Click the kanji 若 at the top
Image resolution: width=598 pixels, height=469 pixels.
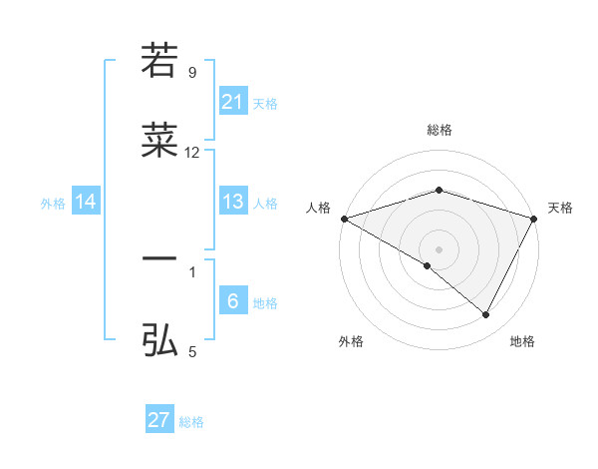point(159,60)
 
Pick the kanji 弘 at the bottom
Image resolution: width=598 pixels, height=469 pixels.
point(159,341)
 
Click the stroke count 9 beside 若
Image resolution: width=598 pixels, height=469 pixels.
point(192,72)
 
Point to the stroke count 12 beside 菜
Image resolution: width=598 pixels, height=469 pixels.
point(192,153)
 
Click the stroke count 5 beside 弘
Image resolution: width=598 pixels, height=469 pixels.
point(192,352)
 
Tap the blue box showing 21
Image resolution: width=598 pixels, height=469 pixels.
point(232,101)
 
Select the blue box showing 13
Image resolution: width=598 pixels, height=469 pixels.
point(232,202)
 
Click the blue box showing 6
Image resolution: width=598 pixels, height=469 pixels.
point(232,301)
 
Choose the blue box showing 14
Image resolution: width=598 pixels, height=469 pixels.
point(86,202)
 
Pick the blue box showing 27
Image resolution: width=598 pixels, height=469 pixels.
point(159,420)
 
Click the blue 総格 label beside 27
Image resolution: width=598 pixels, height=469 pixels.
point(191,422)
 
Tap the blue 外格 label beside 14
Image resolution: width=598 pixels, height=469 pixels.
point(53,204)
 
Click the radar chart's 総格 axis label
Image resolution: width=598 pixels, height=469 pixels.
point(440,130)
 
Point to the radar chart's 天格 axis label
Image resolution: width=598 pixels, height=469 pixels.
point(560,208)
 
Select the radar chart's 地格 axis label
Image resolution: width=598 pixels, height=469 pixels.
point(522,341)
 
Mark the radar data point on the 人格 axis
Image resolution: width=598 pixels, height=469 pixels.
point(344,219)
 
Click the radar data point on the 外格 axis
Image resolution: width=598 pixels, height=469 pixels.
point(428,265)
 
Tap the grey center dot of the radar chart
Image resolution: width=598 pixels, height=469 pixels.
point(440,248)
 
